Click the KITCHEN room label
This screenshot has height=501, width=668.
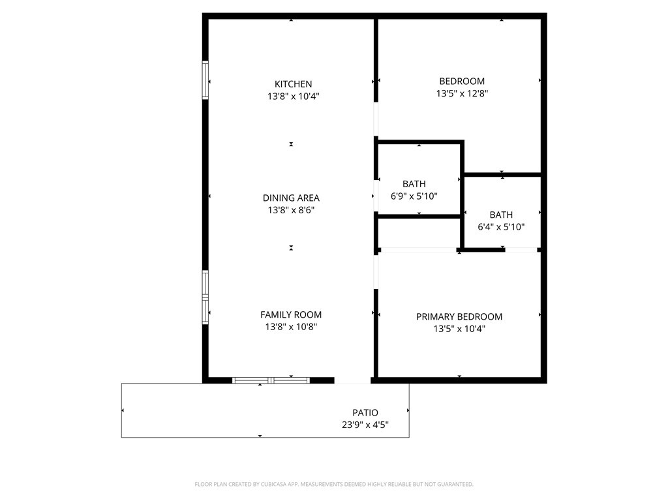tap(293, 83)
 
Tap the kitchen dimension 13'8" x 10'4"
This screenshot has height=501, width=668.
tap(293, 96)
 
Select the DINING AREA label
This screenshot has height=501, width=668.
tap(291, 198)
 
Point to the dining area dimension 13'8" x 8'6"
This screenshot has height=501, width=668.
tap(291, 210)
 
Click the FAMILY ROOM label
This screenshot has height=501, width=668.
tap(291, 314)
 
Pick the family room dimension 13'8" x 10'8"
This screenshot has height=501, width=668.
tap(291, 327)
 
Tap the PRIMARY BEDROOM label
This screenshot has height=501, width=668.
tap(459, 316)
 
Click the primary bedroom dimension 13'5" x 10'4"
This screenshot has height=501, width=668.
tap(459, 329)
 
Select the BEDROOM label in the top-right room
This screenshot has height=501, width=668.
tap(462, 81)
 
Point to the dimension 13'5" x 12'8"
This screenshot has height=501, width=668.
tap(462, 93)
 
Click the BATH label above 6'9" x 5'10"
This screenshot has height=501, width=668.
tap(414, 184)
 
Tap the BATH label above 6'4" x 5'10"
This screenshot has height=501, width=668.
tap(501, 215)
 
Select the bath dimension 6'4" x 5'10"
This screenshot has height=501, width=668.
tap(501, 227)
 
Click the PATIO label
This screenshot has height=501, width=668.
tap(365, 412)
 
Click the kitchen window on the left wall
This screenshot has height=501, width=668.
tap(205, 80)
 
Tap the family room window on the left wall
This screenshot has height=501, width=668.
tap(205, 297)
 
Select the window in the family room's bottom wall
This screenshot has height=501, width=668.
tap(271, 380)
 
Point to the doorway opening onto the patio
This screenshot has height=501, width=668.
tap(353, 380)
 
